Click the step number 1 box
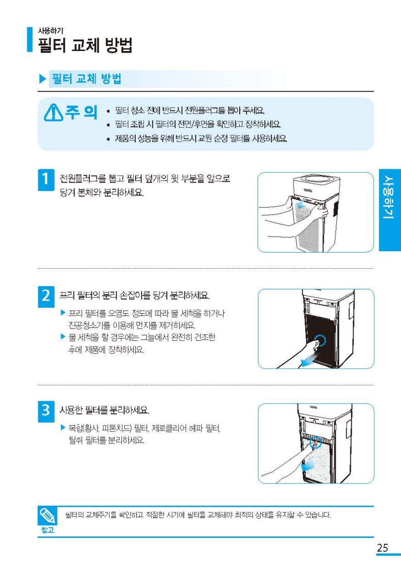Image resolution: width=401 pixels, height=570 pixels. [46, 180]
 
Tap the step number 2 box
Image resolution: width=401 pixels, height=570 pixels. [46, 297]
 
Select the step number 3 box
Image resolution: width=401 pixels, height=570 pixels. [46, 411]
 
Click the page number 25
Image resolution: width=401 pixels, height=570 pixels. [383, 547]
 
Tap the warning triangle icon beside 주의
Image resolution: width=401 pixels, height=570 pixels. [53, 112]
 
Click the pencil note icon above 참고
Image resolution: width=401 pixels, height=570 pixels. [47, 516]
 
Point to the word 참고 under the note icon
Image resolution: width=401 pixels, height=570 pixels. [47, 530]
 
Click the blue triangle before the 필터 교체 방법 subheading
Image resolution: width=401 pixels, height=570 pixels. [43, 79]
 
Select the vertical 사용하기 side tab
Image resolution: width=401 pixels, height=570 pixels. [390, 210]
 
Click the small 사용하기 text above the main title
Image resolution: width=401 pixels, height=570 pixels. [51, 31]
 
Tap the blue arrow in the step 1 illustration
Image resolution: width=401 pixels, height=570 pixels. [302, 203]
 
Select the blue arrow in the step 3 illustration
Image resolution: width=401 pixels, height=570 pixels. [308, 465]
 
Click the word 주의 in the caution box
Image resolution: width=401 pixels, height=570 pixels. [81, 112]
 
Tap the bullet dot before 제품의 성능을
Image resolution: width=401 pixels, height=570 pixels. [109, 139]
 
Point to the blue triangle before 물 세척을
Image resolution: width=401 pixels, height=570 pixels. [63, 337]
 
